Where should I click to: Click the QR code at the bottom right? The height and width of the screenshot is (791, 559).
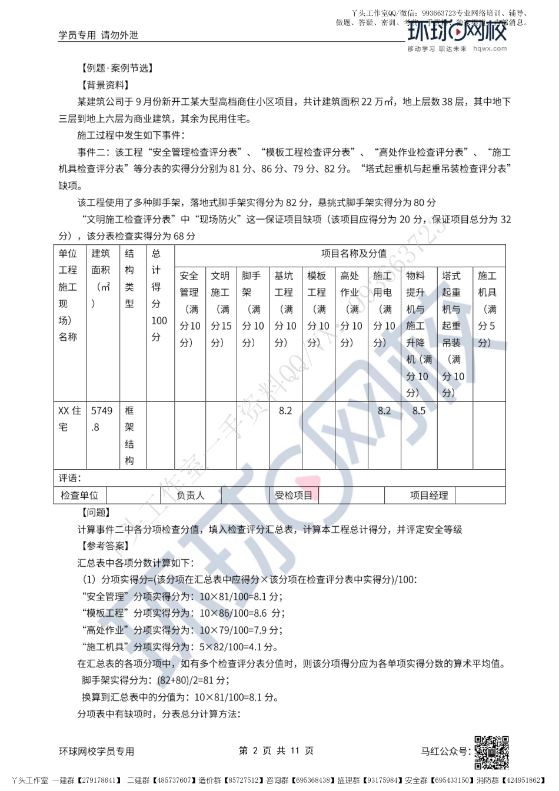491,752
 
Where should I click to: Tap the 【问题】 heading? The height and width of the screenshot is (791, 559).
95,513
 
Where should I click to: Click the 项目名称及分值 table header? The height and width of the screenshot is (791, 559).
354,254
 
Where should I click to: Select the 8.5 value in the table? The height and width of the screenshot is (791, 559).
419,411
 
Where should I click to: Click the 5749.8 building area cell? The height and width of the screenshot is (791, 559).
101,419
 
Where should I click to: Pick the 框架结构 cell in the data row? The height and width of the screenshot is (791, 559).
129,436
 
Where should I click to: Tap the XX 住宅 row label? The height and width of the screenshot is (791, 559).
69,418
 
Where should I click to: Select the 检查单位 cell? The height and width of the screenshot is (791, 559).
79,496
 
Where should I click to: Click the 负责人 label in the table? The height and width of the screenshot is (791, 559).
190,496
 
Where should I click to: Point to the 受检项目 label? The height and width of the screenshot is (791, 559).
294,496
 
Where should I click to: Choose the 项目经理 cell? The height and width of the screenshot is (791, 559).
429,496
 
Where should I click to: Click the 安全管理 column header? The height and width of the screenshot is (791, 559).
189,309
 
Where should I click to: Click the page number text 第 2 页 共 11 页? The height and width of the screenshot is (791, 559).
276,750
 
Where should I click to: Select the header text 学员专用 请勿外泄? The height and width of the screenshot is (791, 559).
98,35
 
